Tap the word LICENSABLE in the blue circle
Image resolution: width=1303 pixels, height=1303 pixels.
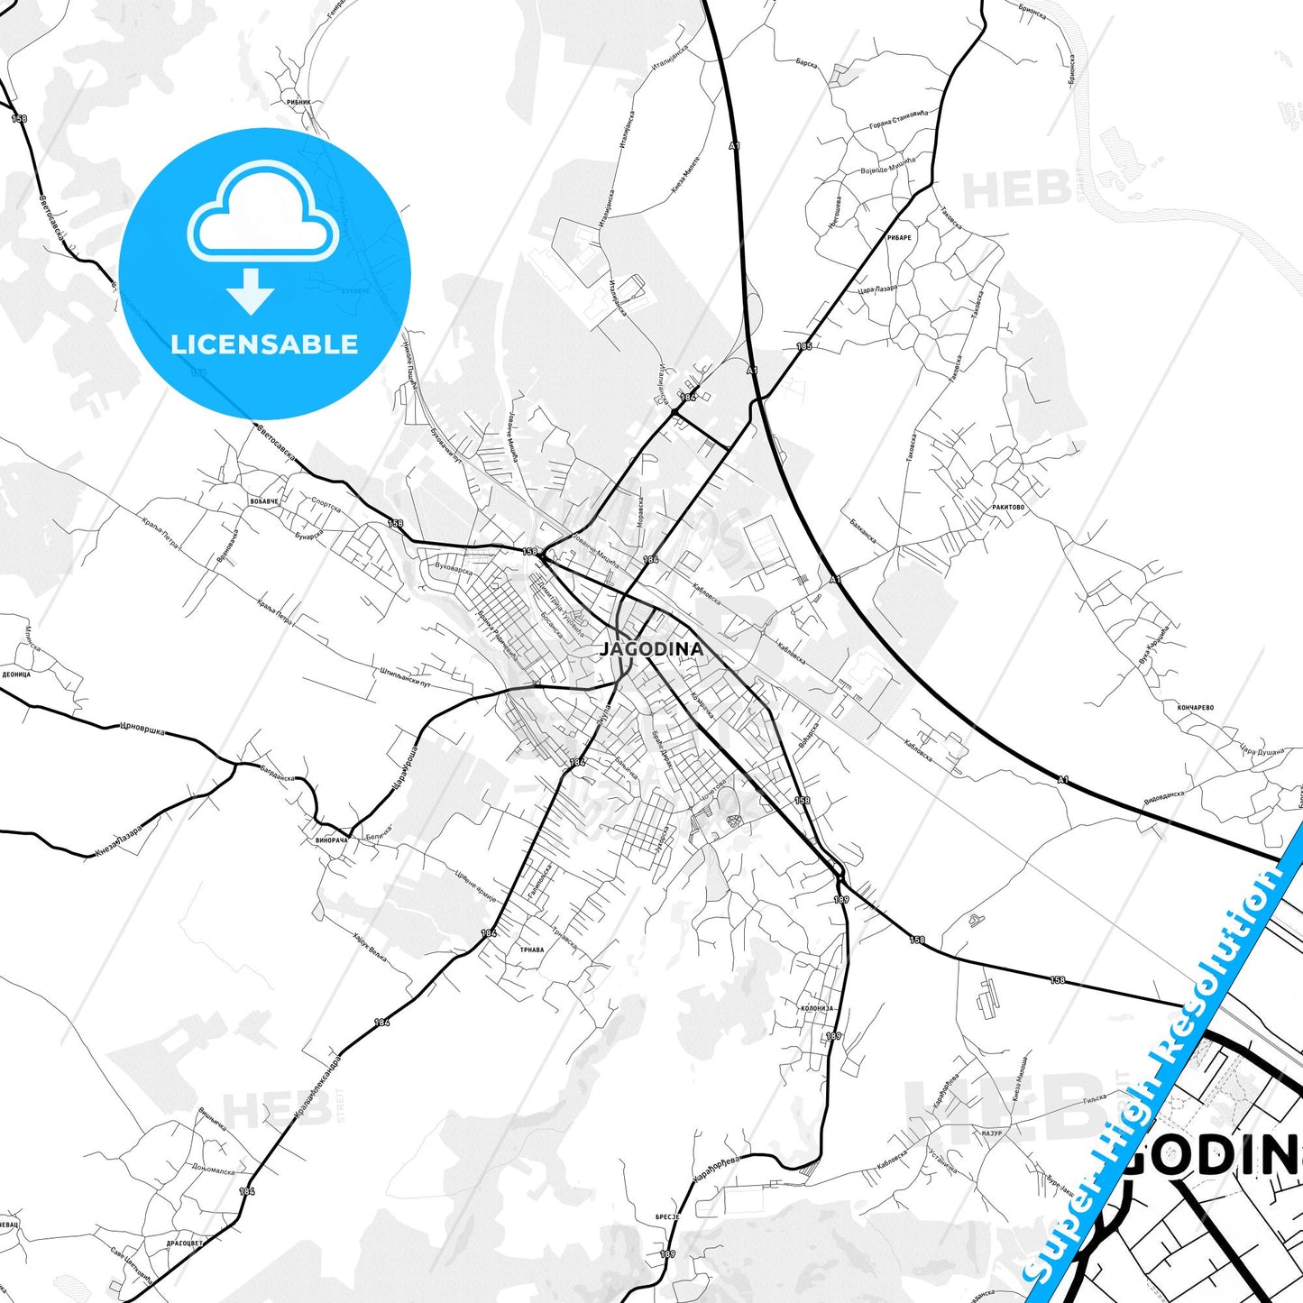[x=264, y=344]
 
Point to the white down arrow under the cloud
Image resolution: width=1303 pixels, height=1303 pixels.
[x=251, y=290]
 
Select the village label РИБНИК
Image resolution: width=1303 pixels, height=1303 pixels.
[x=298, y=102]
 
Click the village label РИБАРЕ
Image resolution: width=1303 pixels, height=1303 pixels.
[x=899, y=238]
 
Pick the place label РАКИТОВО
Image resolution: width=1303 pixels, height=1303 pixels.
[x=1008, y=507]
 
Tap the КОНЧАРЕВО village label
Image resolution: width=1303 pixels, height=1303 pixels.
[x=1196, y=707]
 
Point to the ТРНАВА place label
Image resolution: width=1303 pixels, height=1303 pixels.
[x=532, y=950]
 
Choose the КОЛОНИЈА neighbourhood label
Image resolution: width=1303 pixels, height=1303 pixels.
[x=817, y=1008]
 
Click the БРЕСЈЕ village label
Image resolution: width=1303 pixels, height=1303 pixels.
[x=667, y=1216]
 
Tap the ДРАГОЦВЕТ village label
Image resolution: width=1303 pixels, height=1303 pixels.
[x=185, y=1243]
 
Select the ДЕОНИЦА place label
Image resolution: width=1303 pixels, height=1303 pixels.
[x=16, y=674]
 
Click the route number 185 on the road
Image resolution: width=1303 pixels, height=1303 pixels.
[x=804, y=346]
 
